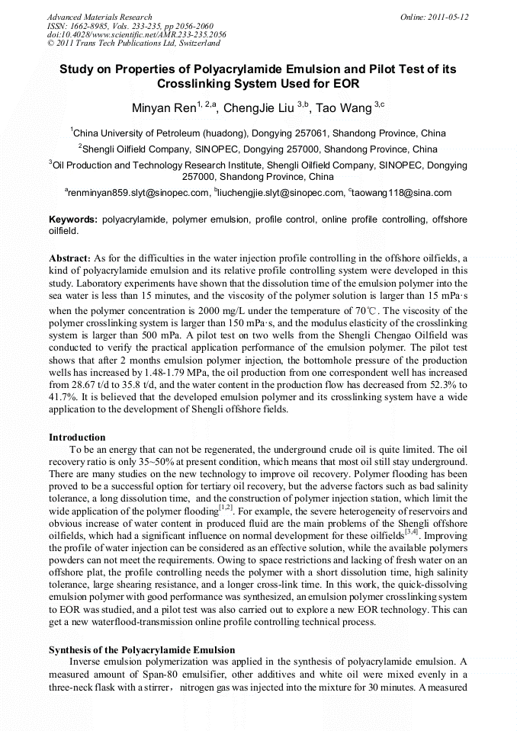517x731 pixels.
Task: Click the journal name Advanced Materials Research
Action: (99, 17)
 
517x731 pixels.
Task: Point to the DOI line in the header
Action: (136, 35)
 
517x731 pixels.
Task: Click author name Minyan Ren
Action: (163, 107)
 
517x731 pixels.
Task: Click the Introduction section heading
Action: (77, 438)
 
